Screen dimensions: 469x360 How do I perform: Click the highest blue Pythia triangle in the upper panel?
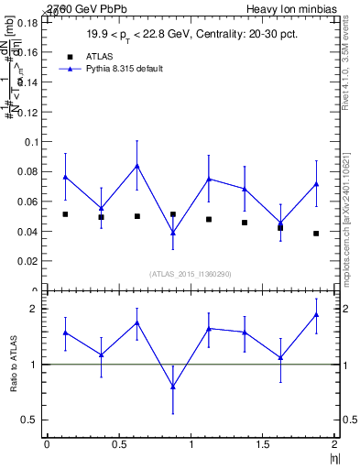136,166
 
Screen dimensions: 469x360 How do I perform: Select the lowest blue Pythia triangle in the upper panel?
173,233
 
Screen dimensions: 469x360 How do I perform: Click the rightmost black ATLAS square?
316,234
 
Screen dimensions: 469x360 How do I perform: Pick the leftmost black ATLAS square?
65,214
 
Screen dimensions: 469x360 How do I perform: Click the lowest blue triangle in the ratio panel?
173,387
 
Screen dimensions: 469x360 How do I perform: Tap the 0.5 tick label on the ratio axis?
32,420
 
